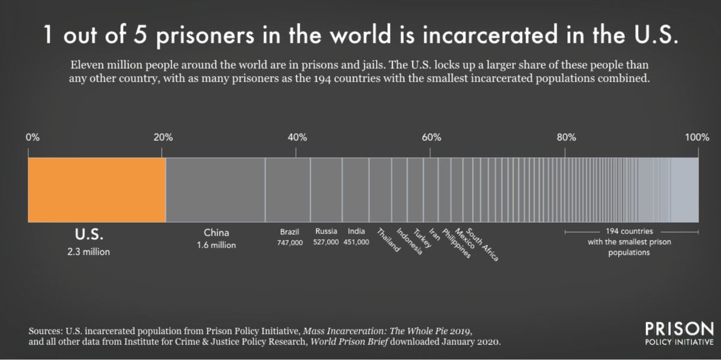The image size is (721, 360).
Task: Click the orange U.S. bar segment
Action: (96, 189)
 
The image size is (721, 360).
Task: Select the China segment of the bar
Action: (215, 189)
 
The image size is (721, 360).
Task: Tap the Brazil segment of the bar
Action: (288, 189)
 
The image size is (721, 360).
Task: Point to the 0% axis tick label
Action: (32, 137)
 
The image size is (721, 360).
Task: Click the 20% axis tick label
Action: (163, 137)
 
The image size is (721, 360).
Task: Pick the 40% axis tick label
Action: (297, 137)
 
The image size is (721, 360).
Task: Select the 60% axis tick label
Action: (431, 137)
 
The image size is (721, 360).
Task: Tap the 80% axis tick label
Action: (566, 137)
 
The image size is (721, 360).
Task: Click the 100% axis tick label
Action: (698, 137)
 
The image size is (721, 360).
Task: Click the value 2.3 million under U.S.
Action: (89, 252)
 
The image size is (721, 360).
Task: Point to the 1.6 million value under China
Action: (216, 245)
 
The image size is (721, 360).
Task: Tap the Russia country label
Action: (326, 231)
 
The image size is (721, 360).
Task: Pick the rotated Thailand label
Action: (388, 241)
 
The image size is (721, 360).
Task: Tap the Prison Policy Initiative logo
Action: (678, 334)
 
